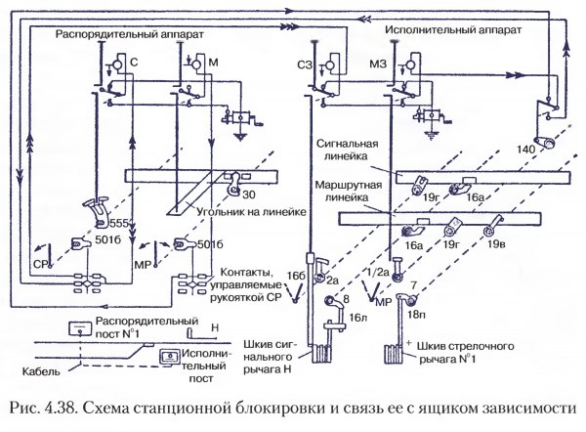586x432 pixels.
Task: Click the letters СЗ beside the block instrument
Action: pos(304,65)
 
